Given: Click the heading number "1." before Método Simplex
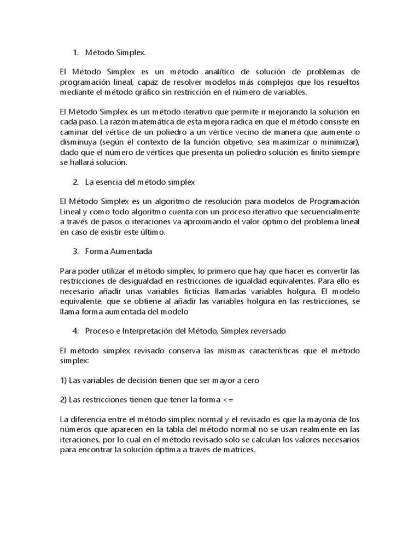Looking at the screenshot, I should point(76,52).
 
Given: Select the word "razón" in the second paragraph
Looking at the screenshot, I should point(112,122).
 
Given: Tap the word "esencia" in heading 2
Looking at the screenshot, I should point(112,182).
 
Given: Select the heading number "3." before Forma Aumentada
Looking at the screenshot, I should point(76,252).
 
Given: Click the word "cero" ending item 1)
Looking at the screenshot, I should point(250,381).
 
